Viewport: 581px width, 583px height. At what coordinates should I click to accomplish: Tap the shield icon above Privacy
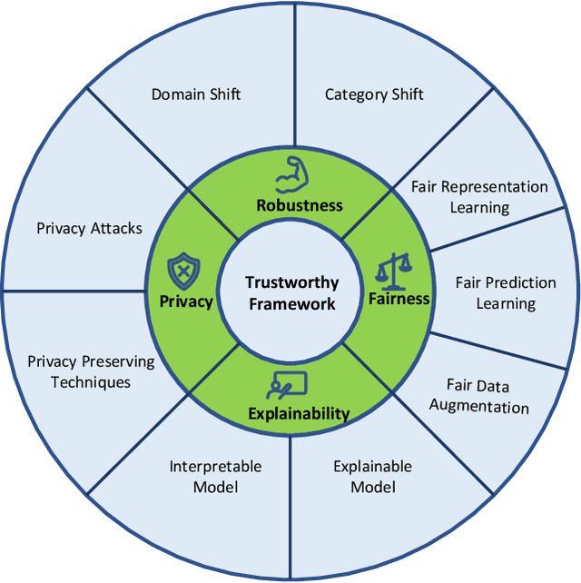point(182,271)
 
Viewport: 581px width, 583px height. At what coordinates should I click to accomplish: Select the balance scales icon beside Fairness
point(395,268)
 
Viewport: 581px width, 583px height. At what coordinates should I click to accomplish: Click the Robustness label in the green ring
point(299,204)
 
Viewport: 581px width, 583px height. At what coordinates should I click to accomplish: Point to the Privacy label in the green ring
point(185,301)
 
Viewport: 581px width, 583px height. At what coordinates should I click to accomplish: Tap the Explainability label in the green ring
point(299,414)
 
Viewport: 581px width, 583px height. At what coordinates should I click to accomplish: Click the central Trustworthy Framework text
point(290,292)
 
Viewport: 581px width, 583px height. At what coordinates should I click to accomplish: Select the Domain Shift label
point(196,94)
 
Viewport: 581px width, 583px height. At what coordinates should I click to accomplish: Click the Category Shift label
point(374,94)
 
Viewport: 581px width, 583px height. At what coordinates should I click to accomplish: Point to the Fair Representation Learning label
point(479,197)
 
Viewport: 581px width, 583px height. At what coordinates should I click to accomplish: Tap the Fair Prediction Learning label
point(506,293)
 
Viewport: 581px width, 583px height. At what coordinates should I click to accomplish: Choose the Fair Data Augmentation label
point(479,396)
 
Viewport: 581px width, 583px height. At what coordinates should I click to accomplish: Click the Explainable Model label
point(372,477)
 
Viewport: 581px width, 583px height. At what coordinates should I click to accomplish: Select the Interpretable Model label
point(215,477)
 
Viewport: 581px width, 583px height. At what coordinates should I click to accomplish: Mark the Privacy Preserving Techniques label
point(91,371)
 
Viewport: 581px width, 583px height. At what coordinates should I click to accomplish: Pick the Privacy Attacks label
point(89,228)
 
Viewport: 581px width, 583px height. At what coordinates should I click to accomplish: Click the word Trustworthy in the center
point(290,282)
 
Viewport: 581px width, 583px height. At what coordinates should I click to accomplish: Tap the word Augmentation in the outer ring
point(479,406)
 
